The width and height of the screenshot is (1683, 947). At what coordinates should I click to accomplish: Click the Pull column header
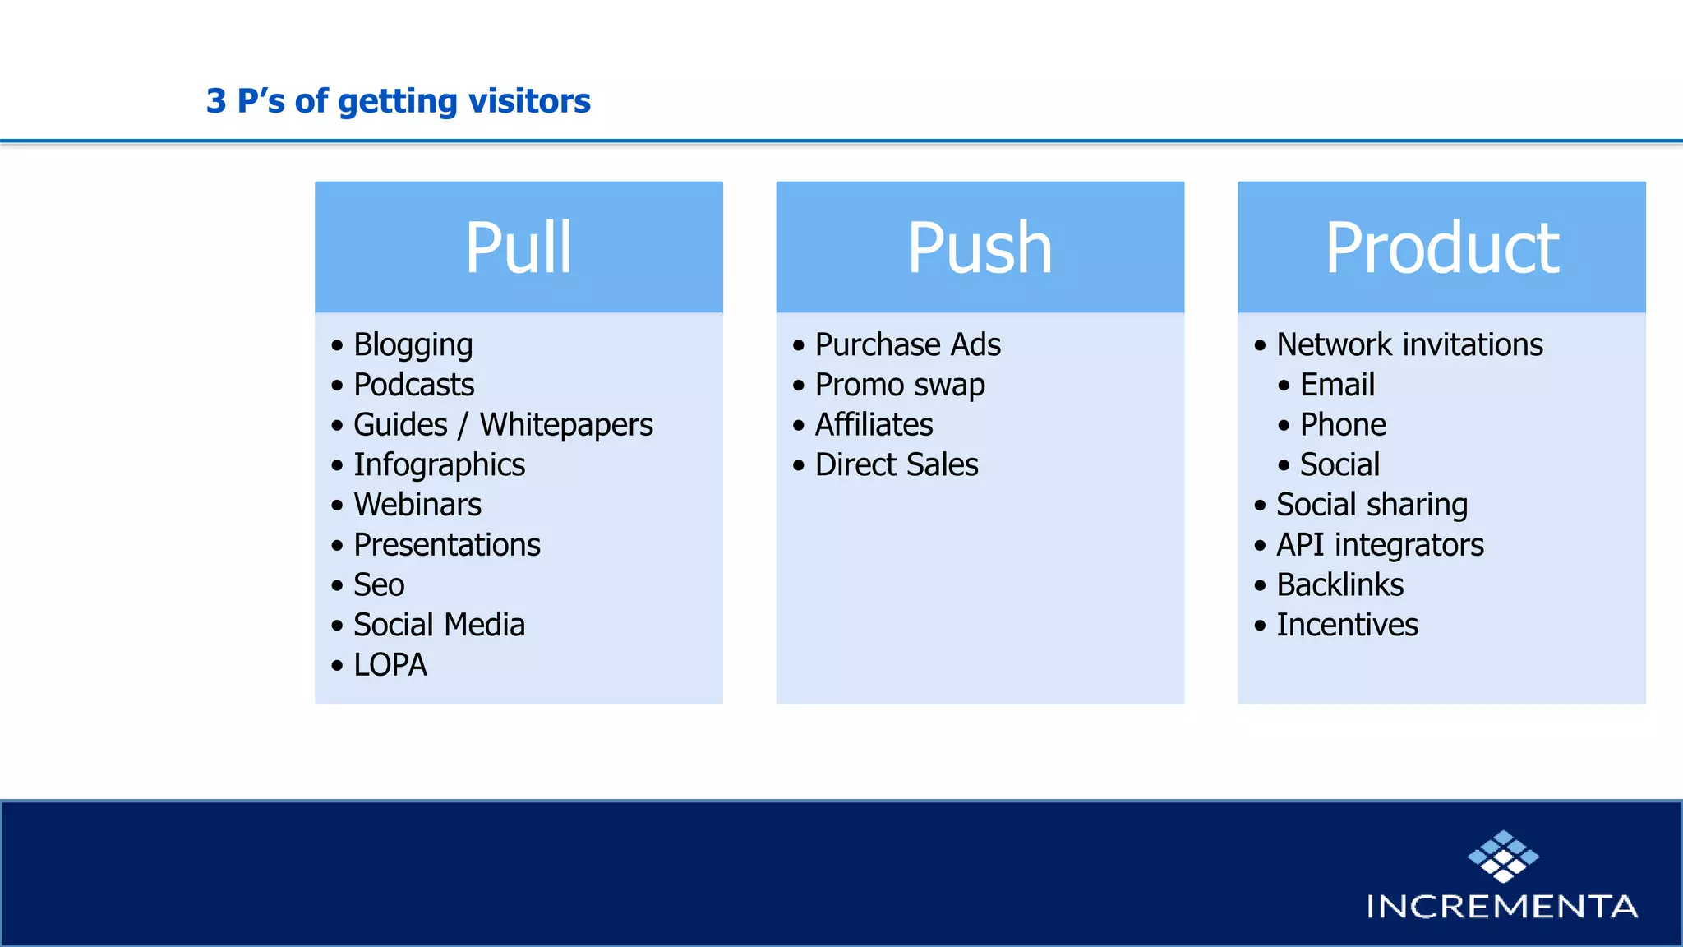click(x=519, y=247)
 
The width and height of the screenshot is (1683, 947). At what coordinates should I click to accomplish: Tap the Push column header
click(x=980, y=247)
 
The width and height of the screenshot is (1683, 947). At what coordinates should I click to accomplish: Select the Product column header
click(x=1441, y=247)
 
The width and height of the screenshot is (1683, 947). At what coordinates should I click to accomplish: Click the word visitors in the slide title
click(x=528, y=101)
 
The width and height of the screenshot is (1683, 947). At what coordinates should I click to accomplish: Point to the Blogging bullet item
click(x=413, y=345)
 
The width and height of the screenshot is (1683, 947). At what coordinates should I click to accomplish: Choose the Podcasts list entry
click(x=413, y=385)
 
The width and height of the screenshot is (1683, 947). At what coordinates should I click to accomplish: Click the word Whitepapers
click(x=566, y=425)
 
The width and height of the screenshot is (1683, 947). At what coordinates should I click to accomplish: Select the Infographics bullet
click(x=439, y=465)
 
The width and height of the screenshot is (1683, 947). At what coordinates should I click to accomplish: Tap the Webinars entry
click(x=417, y=505)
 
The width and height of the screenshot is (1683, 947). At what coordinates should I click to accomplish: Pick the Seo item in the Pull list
click(x=379, y=585)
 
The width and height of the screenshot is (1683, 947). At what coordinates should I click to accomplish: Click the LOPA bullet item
click(x=390, y=665)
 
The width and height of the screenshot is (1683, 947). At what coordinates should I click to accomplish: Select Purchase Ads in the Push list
click(x=907, y=344)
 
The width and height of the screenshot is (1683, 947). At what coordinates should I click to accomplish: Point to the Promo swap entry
click(x=900, y=385)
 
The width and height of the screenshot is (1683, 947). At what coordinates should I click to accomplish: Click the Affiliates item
click(x=874, y=425)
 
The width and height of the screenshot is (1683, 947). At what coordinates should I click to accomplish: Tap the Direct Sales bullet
click(x=897, y=465)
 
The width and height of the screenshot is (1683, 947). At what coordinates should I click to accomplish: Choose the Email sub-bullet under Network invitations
click(x=1337, y=385)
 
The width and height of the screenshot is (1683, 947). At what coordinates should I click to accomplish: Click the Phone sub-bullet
click(x=1343, y=425)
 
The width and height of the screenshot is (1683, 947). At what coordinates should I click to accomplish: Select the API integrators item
click(x=1380, y=545)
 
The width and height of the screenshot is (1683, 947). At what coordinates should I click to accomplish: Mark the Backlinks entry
click(x=1339, y=585)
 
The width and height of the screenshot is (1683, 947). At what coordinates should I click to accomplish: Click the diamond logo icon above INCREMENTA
click(x=1503, y=856)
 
